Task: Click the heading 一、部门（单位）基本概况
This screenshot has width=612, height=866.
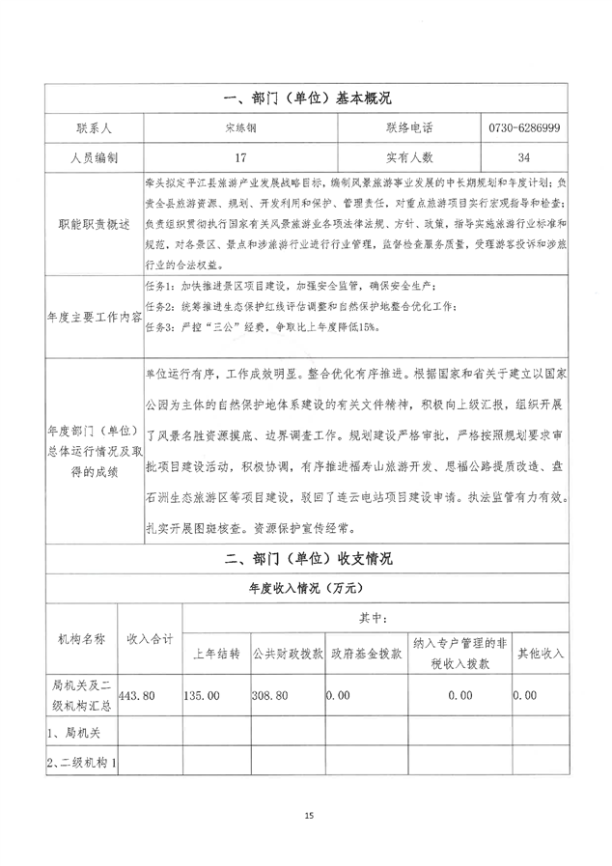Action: pyautogui.click(x=306, y=98)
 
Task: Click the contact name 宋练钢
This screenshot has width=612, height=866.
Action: pyautogui.click(x=239, y=127)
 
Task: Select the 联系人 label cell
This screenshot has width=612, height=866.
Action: pyautogui.click(x=93, y=127)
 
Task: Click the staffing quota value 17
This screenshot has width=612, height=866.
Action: pyautogui.click(x=239, y=156)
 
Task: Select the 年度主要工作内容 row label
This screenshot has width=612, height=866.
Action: pyautogui.click(x=93, y=315)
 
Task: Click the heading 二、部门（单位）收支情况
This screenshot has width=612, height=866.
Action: pyautogui.click(x=306, y=558)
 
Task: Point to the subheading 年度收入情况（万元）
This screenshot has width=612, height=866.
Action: pyautogui.click(x=306, y=586)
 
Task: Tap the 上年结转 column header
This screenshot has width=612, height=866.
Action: pyautogui.click(x=216, y=653)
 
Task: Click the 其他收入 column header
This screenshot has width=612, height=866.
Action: pyautogui.click(x=540, y=653)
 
